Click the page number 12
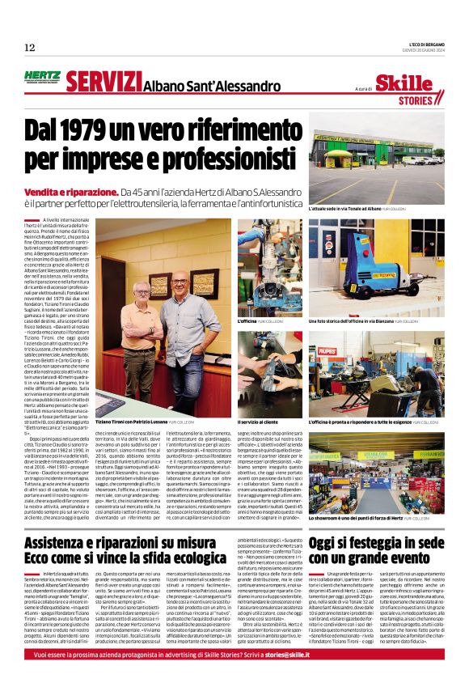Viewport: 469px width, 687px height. pyautogui.click(x=29, y=48)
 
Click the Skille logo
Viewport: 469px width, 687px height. pyautogui.click(x=416, y=83)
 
